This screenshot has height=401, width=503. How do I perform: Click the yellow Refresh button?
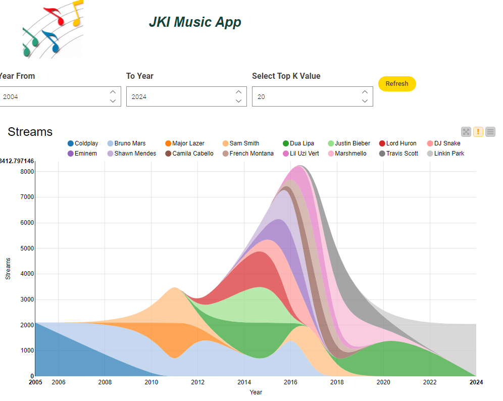tap(397, 84)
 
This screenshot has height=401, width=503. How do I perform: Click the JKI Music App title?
tap(195, 22)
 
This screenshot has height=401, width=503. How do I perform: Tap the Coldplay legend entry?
tap(83, 143)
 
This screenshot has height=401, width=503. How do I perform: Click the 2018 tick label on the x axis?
tap(337, 382)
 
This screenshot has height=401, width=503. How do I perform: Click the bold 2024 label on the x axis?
tap(476, 382)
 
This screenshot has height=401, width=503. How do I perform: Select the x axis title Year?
tap(256, 392)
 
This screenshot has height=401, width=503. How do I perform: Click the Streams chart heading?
tap(30, 132)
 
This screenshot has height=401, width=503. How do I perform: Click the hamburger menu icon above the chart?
tap(490, 132)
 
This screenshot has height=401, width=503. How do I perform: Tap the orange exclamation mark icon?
tap(478, 132)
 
